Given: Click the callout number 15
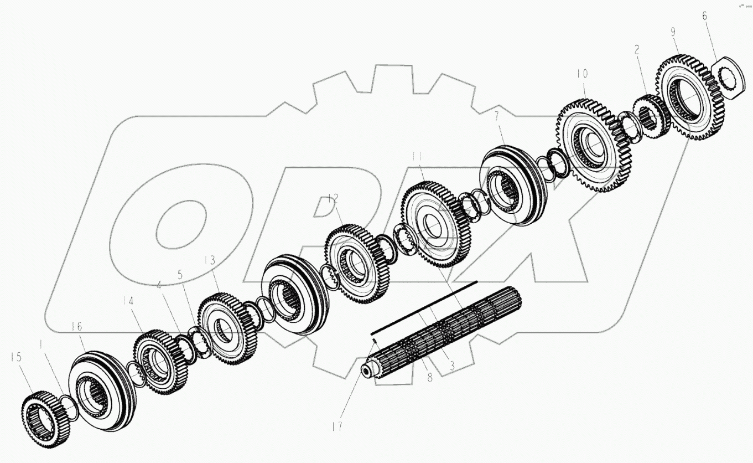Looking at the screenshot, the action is point(16,357).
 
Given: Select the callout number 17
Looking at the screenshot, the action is point(337,426).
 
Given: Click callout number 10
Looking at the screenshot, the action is point(583,74).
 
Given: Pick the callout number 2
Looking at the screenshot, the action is point(636,50).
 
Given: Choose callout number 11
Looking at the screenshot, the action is point(418,157).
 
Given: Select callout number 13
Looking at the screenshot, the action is point(210,260).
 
